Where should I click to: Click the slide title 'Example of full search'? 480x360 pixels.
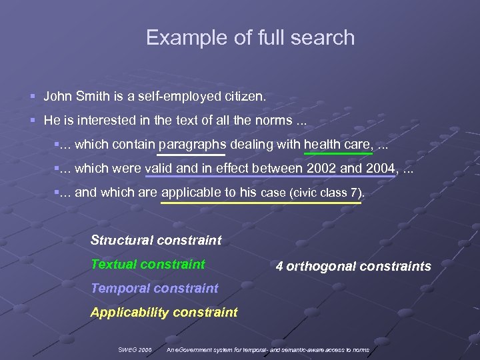[x=250, y=37]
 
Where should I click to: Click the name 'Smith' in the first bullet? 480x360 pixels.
[x=89, y=97]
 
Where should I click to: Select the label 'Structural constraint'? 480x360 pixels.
[x=156, y=240]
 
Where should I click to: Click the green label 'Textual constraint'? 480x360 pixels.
[x=147, y=264]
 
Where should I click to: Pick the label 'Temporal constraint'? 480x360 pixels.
[x=154, y=288]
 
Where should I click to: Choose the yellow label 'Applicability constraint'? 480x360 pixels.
[x=164, y=312]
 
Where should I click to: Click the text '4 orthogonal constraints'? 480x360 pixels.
[x=353, y=267]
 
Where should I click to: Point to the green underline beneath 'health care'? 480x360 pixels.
[x=337, y=154]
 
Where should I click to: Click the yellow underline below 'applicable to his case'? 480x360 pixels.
[x=261, y=203]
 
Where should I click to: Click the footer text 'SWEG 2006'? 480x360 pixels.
[x=135, y=349]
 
